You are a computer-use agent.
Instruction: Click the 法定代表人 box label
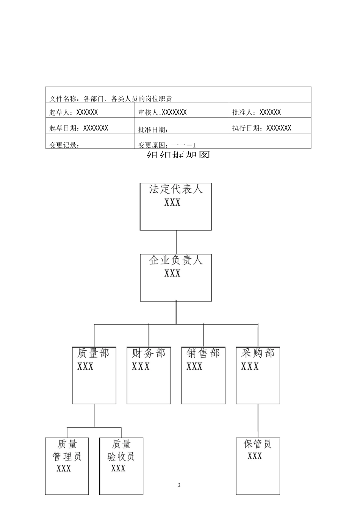click(176, 189)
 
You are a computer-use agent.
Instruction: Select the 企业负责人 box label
click(176, 260)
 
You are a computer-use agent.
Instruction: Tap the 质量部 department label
click(93, 353)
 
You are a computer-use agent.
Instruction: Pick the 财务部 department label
click(149, 353)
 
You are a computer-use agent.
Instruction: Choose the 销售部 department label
click(203, 353)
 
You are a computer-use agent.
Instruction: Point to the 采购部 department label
click(258, 353)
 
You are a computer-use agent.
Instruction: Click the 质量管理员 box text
click(67, 450)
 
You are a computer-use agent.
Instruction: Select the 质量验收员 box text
click(121, 450)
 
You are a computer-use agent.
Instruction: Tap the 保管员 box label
click(258, 444)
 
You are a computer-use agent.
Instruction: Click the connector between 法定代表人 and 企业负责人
click(176, 242)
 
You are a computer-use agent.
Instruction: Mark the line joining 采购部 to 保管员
click(258, 420)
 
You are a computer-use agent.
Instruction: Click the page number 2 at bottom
click(179, 485)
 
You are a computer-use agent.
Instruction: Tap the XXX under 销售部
click(195, 367)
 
